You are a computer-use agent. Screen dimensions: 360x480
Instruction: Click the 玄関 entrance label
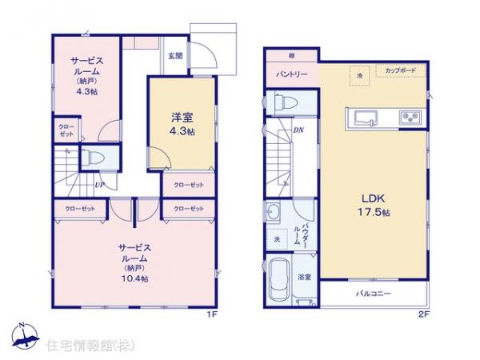pyautogui.click(x=175, y=56)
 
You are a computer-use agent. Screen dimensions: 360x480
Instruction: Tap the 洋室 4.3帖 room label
pyautogui.click(x=181, y=125)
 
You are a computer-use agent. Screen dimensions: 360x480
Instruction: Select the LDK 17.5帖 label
pyautogui.click(x=374, y=204)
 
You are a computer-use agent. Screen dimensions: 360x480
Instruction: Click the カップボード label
pyautogui.click(x=399, y=71)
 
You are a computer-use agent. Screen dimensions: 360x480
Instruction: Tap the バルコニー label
pyautogui.click(x=373, y=294)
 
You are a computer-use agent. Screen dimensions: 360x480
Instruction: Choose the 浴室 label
pyautogui.click(x=305, y=277)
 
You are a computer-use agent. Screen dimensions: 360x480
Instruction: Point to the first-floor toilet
pyautogui.click(x=93, y=158)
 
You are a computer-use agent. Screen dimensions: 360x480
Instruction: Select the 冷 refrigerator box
pyautogui.click(x=360, y=75)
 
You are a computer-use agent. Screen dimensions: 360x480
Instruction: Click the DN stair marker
pyautogui.click(x=298, y=130)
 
